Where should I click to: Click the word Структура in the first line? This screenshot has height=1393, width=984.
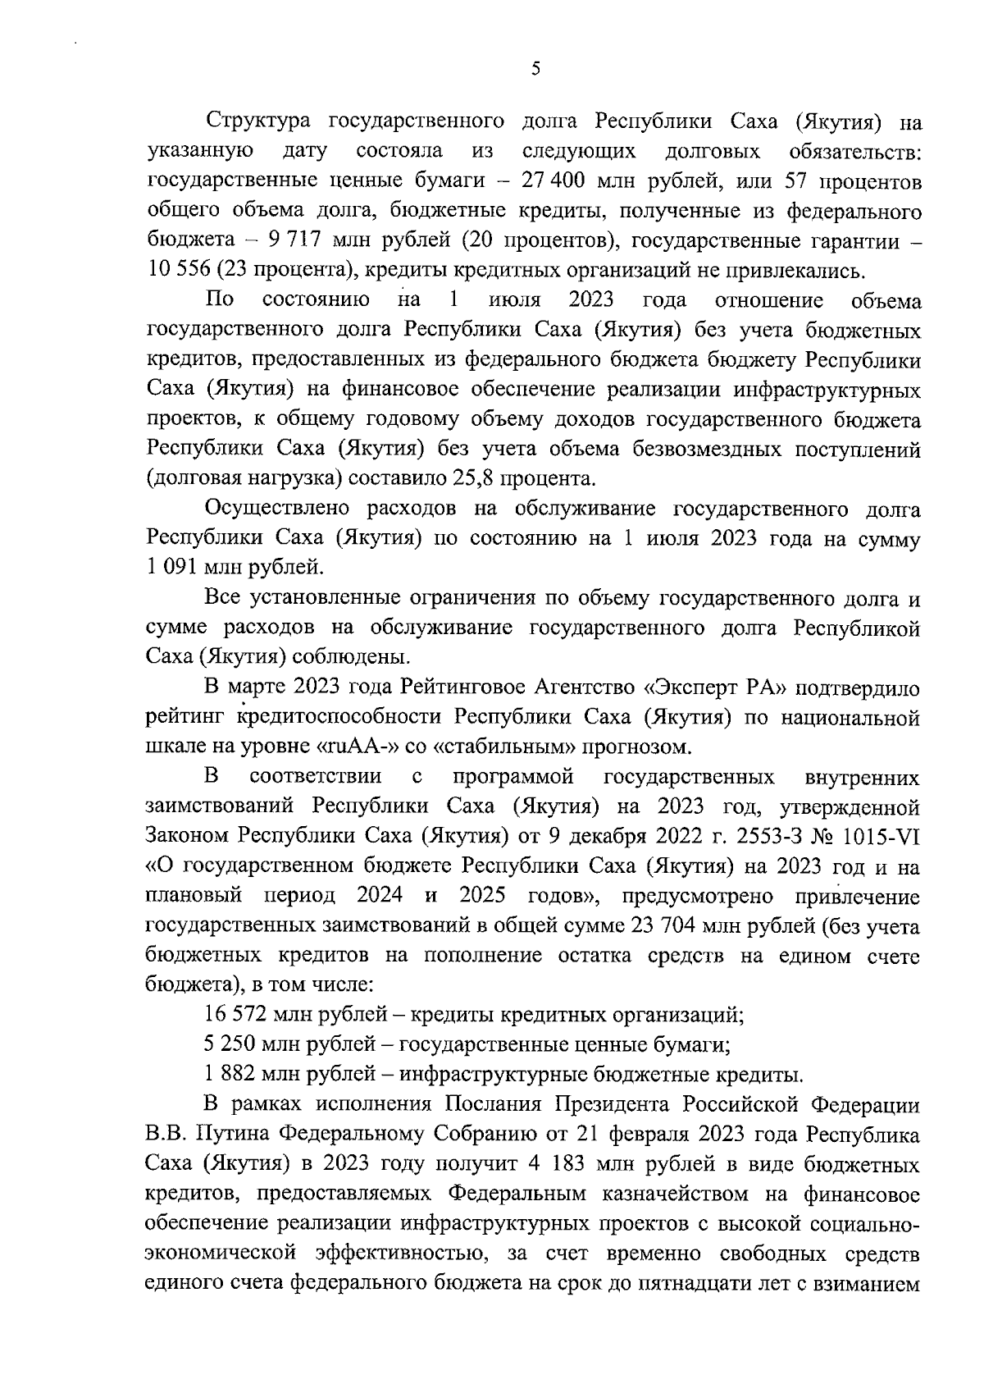[x=257, y=122]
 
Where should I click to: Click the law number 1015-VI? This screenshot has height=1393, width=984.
[x=872, y=835]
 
